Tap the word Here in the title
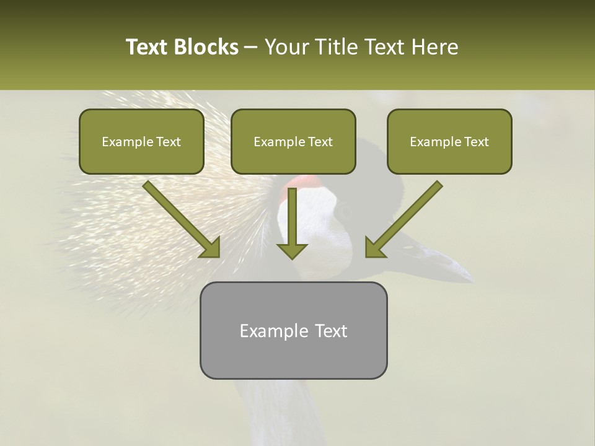click(435, 47)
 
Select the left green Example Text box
click(141, 142)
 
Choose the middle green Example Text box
click(293, 142)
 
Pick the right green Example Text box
click(449, 142)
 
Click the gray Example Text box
click(293, 331)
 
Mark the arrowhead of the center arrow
click(292, 250)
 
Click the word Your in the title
click(285, 47)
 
